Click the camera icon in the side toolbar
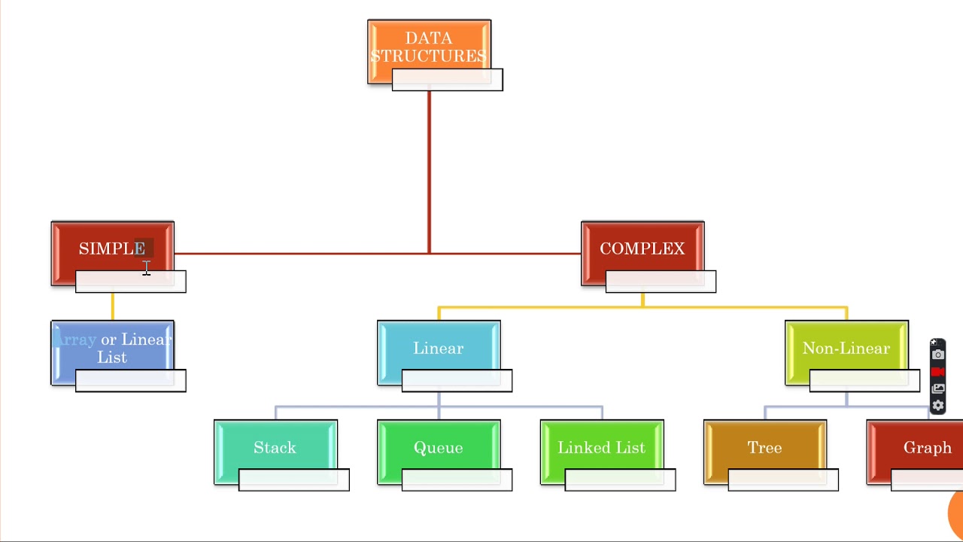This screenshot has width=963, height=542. coord(937,355)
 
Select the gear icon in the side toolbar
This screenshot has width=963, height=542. coord(937,406)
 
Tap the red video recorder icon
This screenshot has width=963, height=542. coord(937,372)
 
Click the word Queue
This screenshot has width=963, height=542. coord(439,448)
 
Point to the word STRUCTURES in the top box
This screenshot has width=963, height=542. coord(428,56)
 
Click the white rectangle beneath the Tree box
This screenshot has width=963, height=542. coord(783,480)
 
